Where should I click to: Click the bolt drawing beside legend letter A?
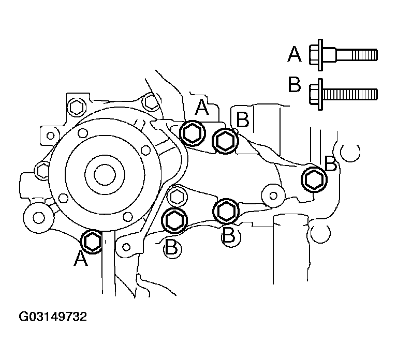click(x=343, y=55)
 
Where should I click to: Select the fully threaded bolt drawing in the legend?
click(x=343, y=94)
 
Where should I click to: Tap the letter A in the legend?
click(x=295, y=54)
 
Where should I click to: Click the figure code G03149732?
click(x=53, y=317)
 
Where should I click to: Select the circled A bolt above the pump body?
click(x=193, y=133)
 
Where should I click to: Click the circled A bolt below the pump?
click(x=92, y=242)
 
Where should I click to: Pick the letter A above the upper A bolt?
click(x=202, y=107)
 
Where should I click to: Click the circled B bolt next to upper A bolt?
click(x=225, y=141)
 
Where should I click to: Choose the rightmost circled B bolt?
click(x=314, y=179)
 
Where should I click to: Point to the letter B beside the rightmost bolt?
click(x=331, y=163)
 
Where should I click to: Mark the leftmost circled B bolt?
click(x=175, y=221)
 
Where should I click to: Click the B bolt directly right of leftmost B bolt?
click(x=226, y=212)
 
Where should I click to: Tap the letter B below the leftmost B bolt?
click(x=171, y=247)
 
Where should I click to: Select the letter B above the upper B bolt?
click(x=243, y=119)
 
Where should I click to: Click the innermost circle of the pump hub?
click(x=105, y=175)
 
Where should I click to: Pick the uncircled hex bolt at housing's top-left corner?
click(x=76, y=108)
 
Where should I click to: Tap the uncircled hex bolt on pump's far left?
click(x=41, y=171)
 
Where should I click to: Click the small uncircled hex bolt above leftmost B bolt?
click(x=177, y=196)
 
